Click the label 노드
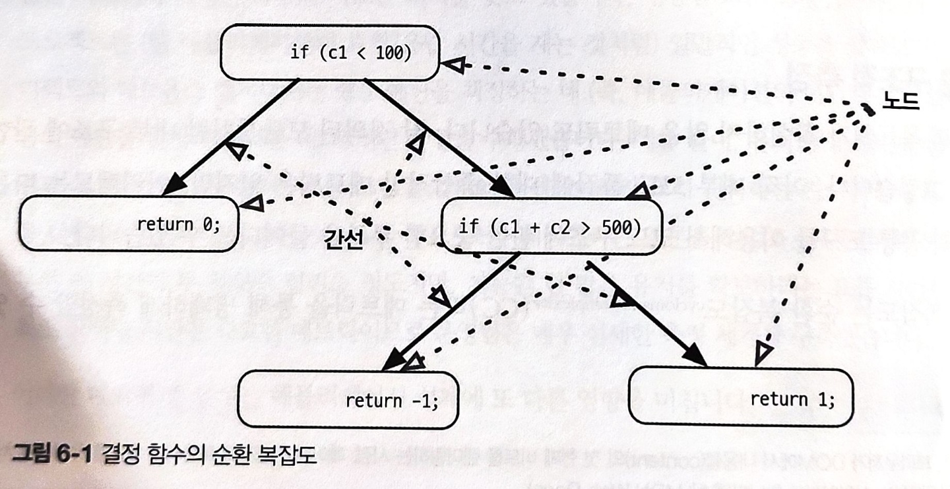tap(901, 104)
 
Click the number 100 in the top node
tap(394, 53)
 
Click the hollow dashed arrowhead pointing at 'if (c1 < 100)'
tap(451, 64)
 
